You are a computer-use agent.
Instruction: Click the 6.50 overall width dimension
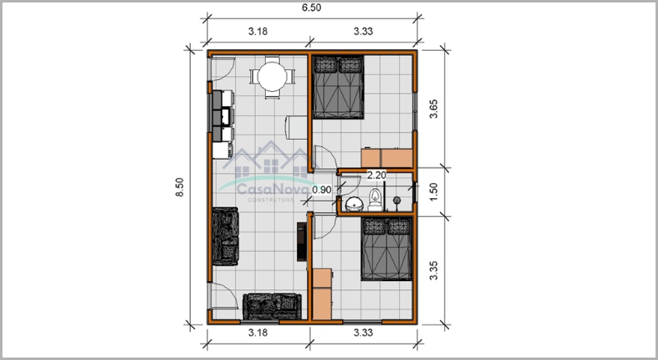point(312,8)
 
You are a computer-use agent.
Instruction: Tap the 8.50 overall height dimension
point(179,187)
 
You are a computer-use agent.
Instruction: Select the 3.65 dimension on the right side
point(433,108)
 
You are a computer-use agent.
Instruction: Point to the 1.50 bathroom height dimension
point(433,192)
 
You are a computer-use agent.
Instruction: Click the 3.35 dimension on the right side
point(433,270)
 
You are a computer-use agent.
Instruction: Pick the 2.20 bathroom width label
point(377,175)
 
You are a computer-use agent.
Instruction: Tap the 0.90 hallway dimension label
point(322,190)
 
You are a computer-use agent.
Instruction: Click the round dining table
point(272,76)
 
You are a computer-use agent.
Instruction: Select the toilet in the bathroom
point(375,199)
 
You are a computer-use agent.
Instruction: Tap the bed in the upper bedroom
point(338,87)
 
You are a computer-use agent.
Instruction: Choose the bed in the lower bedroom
point(387,249)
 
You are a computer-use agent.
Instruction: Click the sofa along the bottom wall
point(272,307)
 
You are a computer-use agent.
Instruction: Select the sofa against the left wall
point(225,236)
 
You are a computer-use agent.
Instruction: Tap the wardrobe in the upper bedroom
point(387,158)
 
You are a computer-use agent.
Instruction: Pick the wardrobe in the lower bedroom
point(322,294)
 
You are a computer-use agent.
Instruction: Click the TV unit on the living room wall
point(302,242)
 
